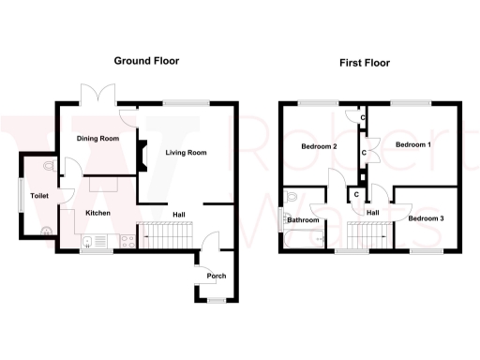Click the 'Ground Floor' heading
pyautogui.click(x=146, y=61)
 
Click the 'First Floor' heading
pyautogui.click(x=365, y=64)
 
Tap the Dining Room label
pyautogui.click(x=97, y=139)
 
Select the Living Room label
pyautogui.click(x=186, y=152)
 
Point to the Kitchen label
pyautogui.click(x=98, y=214)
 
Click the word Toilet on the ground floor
pyautogui.click(x=38, y=196)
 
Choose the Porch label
pyautogui.click(x=217, y=276)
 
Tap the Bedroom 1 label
pyautogui.click(x=412, y=145)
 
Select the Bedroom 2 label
pyautogui.click(x=319, y=147)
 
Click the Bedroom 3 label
pyautogui.click(x=427, y=218)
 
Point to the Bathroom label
pyautogui.click(x=304, y=221)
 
